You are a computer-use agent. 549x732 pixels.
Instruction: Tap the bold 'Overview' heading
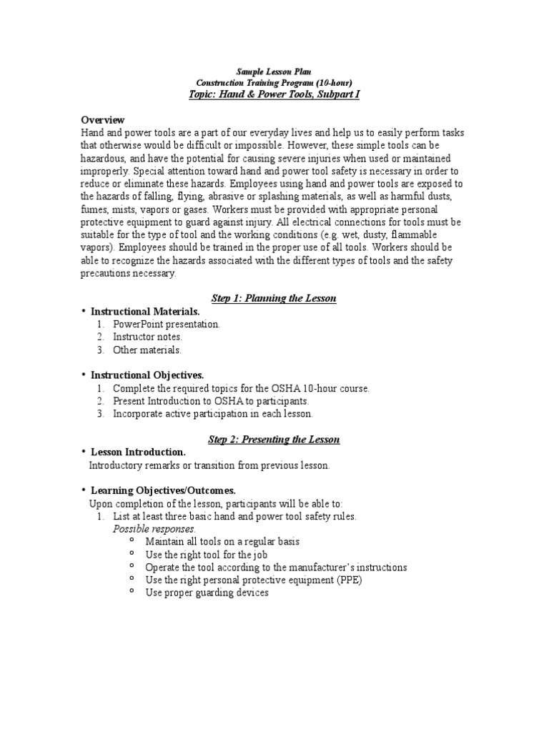[103, 119]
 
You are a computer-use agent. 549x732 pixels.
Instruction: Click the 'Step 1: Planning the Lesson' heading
[274, 298]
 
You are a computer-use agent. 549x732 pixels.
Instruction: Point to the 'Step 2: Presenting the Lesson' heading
[274, 439]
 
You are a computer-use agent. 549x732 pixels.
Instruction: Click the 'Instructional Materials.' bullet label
[145, 311]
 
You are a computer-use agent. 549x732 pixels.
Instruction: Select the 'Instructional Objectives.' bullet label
[147, 375]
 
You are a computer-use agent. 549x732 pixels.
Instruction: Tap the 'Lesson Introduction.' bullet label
[138, 452]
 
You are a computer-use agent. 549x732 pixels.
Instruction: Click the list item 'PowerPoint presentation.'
[167, 324]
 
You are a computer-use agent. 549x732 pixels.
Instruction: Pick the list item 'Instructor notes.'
[148, 337]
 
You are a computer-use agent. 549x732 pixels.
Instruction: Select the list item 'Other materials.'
[147, 350]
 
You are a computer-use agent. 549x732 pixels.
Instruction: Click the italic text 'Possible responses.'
[154, 529]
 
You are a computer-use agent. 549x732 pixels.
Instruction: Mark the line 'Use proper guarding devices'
[207, 593]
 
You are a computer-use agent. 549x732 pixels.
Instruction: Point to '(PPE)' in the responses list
[349, 580]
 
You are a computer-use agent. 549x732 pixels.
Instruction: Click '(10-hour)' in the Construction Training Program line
[330, 83]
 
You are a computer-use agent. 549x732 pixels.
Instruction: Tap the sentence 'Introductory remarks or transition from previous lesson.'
[209, 465]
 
